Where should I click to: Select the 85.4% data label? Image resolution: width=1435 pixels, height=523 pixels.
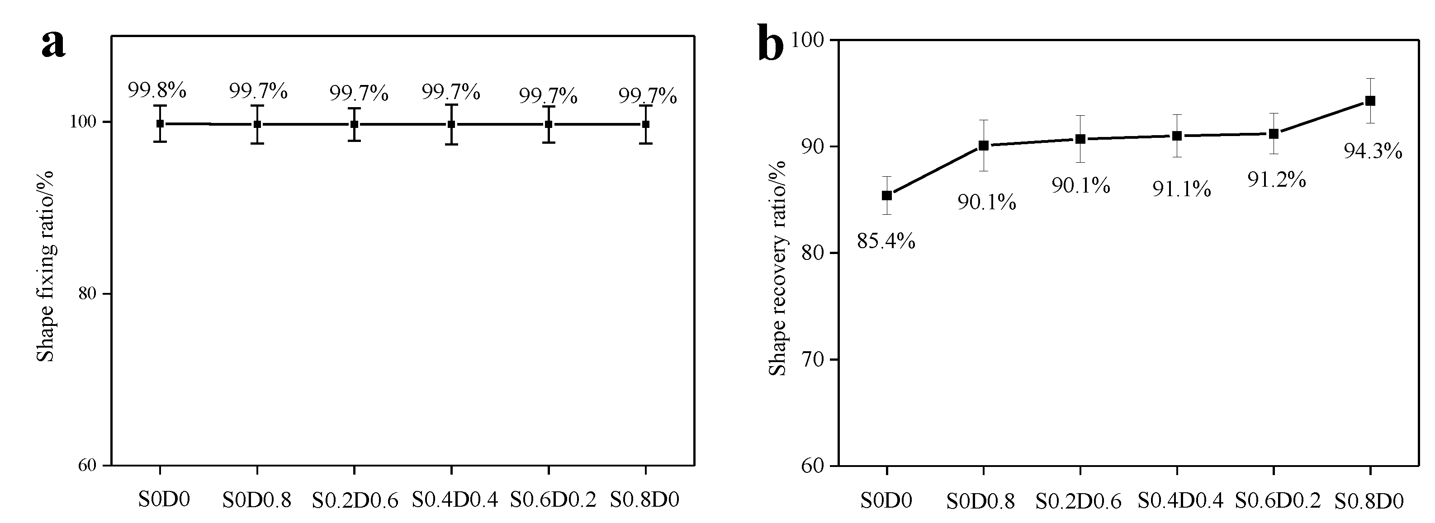coord(886,241)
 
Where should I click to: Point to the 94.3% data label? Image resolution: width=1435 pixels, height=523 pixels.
coord(1373,151)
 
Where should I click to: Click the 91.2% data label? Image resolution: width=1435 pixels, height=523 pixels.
coord(1276,179)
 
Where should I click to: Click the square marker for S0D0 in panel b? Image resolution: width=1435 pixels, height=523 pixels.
coord(887,195)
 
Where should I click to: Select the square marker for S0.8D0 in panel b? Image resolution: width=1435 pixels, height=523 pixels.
coord(1370,101)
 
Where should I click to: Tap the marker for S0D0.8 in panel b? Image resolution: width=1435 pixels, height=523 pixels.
coord(984,146)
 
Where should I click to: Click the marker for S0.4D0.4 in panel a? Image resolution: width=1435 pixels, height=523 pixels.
coord(451,124)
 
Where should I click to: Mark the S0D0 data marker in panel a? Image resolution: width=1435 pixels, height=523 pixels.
coord(161,124)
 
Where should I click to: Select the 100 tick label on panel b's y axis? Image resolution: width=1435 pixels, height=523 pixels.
coord(808,40)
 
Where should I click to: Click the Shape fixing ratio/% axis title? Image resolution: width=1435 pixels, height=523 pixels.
coord(46,266)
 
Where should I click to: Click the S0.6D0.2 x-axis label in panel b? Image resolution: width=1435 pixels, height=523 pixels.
coord(1277,501)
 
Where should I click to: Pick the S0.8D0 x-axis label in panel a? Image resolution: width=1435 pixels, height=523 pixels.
coord(644,499)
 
